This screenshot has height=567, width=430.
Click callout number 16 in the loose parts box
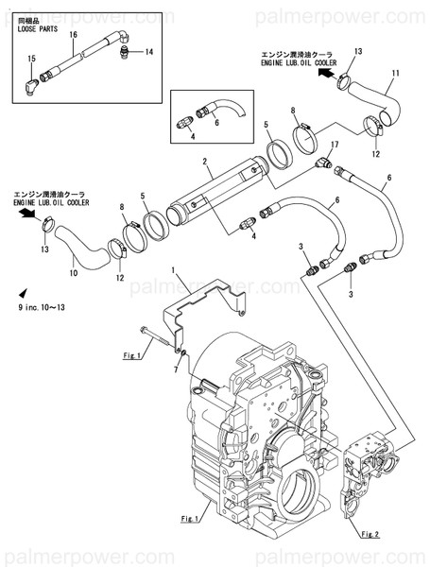pos(72,35)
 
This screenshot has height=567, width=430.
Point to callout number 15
pos(30,59)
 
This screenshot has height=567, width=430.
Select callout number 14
pos(148,53)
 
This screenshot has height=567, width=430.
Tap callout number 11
pos(395,74)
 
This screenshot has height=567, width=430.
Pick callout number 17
pos(334,144)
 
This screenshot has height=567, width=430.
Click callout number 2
pos(203,163)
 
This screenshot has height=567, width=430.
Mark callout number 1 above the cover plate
pos(173,271)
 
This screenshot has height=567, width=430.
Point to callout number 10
pos(75,275)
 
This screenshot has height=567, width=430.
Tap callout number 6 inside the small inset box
pos(215,122)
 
